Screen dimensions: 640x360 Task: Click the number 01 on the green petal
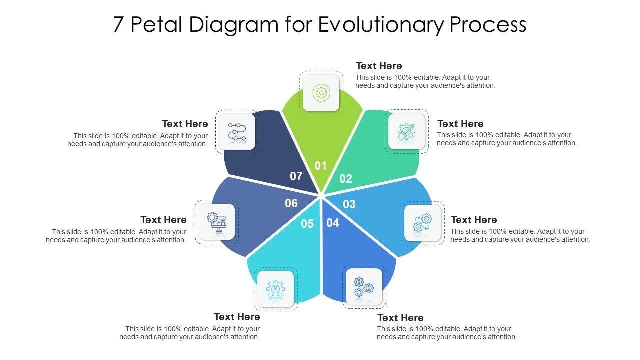point(320,166)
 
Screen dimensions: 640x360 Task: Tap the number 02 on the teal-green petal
point(346,179)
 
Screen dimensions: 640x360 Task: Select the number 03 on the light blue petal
point(349,204)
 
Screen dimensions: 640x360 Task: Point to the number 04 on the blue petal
point(333,223)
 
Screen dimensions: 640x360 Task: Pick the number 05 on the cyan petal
point(307,224)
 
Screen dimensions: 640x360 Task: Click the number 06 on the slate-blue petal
point(291,203)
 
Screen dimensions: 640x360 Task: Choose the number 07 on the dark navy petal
point(296,176)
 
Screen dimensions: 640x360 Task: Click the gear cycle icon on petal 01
point(321,93)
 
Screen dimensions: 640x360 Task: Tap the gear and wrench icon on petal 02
point(406,132)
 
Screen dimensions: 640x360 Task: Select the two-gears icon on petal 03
point(422,223)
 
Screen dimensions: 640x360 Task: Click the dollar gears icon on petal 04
point(364,287)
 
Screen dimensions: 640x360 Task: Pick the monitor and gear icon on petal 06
point(217,222)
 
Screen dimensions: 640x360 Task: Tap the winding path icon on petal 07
point(237,132)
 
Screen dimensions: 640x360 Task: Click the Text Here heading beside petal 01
point(379,66)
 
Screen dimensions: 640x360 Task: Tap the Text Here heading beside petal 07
point(185,124)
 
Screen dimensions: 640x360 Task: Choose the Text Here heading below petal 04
point(400,318)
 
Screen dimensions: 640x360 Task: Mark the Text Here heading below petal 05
point(237,317)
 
